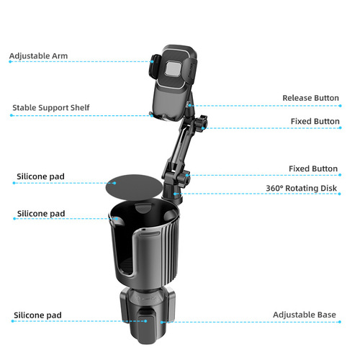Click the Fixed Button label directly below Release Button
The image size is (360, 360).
click(x=315, y=121)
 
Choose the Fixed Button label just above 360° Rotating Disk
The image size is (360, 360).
click(x=313, y=168)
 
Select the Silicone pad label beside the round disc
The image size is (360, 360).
click(x=41, y=176)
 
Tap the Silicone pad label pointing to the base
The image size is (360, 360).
click(x=37, y=315)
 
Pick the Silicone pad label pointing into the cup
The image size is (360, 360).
click(x=41, y=214)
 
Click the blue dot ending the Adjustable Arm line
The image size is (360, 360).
click(x=10, y=62)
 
